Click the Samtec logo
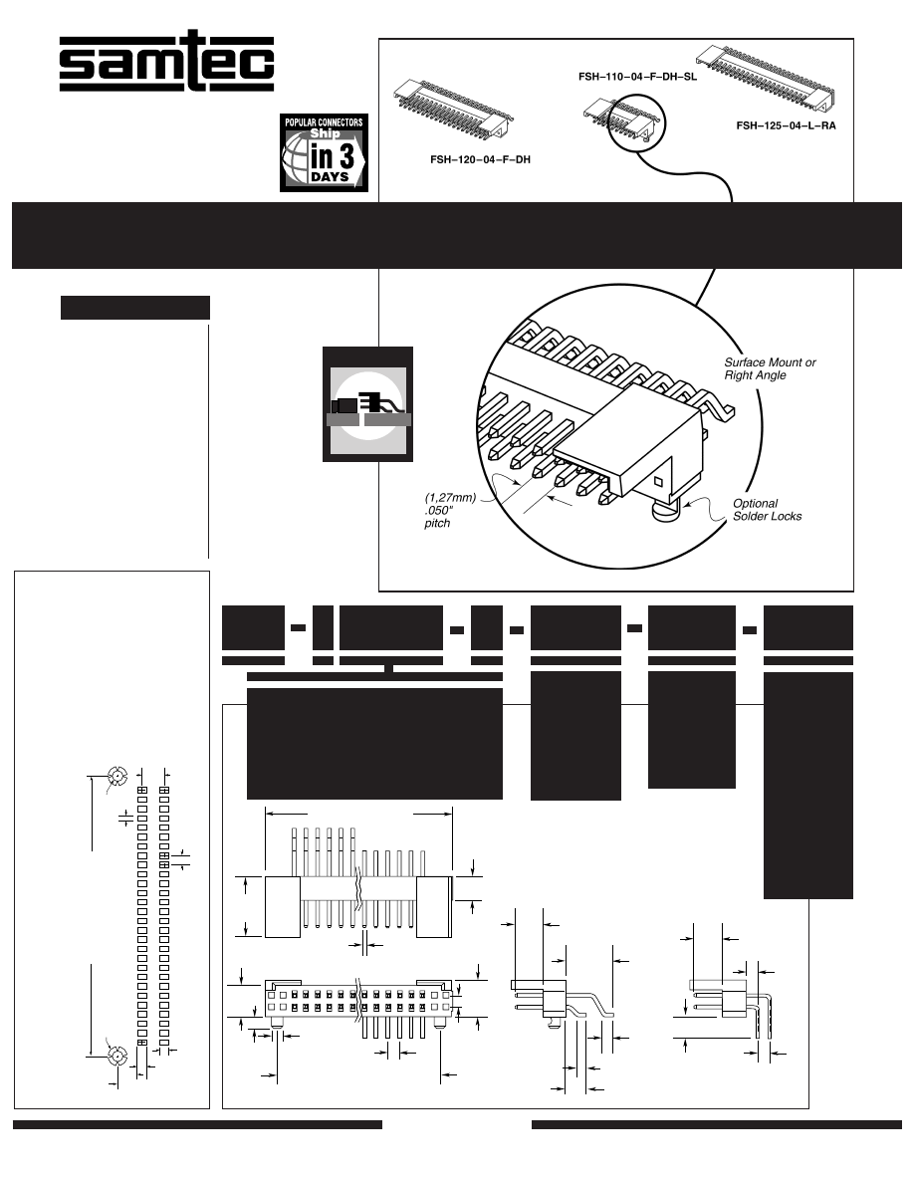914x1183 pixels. [166, 63]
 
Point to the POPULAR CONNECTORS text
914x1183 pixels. [325, 121]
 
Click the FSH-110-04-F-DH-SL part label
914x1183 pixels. [636, 76]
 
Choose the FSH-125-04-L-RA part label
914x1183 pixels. [786, 125]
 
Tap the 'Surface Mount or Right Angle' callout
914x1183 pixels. [770, 368]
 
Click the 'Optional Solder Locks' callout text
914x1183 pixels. [767, 509]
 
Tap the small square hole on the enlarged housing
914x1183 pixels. [658, 482]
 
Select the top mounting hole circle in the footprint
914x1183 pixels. [116, 777]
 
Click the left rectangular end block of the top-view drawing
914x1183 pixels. [283, 906]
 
